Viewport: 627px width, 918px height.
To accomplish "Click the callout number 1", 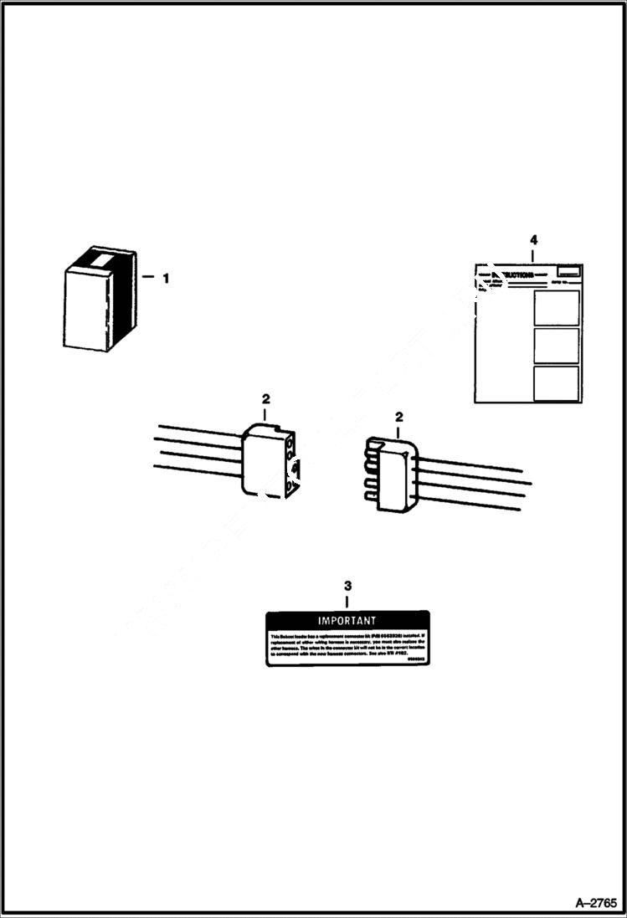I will (166, 279).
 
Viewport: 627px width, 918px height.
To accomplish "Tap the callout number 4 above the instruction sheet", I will (533, 240).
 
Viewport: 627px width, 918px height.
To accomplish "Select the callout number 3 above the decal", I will (348, 586).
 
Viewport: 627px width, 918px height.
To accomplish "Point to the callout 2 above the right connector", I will (398, 417).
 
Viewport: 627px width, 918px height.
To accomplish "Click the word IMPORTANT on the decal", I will (347, 621).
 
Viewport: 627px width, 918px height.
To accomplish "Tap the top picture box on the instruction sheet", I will (556, 307).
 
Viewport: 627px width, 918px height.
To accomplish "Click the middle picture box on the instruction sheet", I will (556, 345).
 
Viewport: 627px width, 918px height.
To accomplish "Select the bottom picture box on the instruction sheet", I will (556, 383).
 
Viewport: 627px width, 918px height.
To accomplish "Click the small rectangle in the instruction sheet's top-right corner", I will (568, 271).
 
